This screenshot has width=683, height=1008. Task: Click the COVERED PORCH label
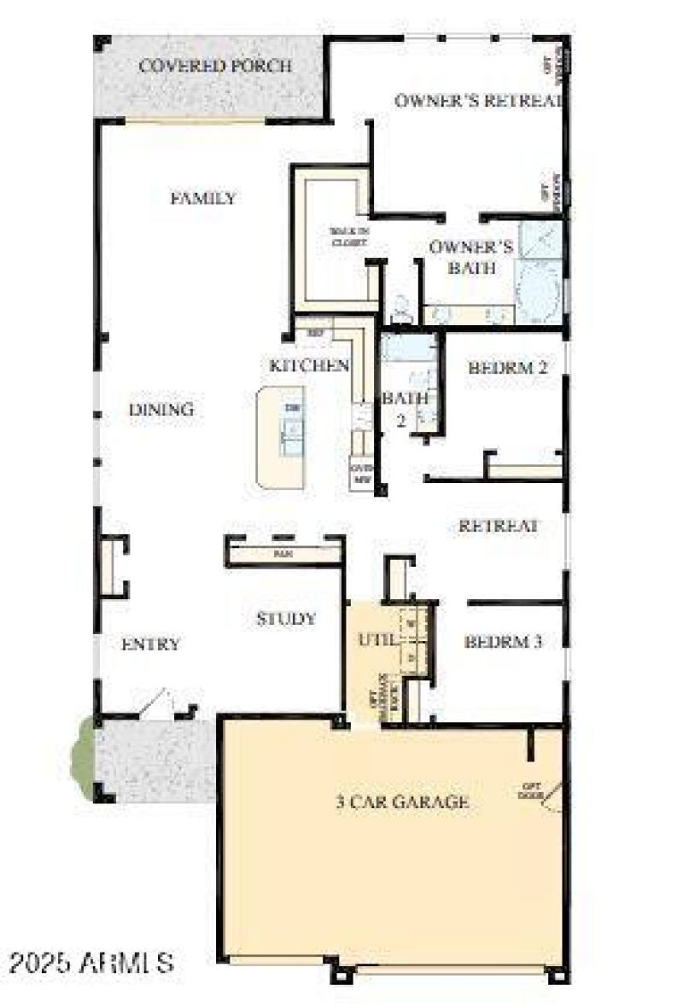[x=215, y=66]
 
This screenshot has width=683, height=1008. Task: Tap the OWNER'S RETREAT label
[x=478, y=100]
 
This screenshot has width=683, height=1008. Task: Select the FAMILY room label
[x=204, y=199]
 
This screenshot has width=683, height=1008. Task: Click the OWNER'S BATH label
[x=470, y=257]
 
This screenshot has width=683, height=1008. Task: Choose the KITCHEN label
[x=309, y=366]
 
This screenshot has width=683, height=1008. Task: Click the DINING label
[x=161, y=410]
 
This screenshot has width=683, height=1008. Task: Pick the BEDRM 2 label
[x=507, y=369]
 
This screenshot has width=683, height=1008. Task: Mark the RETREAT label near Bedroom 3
[x=499, y=526]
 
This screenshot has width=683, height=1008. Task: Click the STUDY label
[x=286, y=619]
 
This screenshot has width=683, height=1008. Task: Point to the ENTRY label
[x=150, y=644]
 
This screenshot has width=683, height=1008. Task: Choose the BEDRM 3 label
[x=504, y=642]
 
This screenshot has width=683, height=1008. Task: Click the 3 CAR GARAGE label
[x=402, y=802]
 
